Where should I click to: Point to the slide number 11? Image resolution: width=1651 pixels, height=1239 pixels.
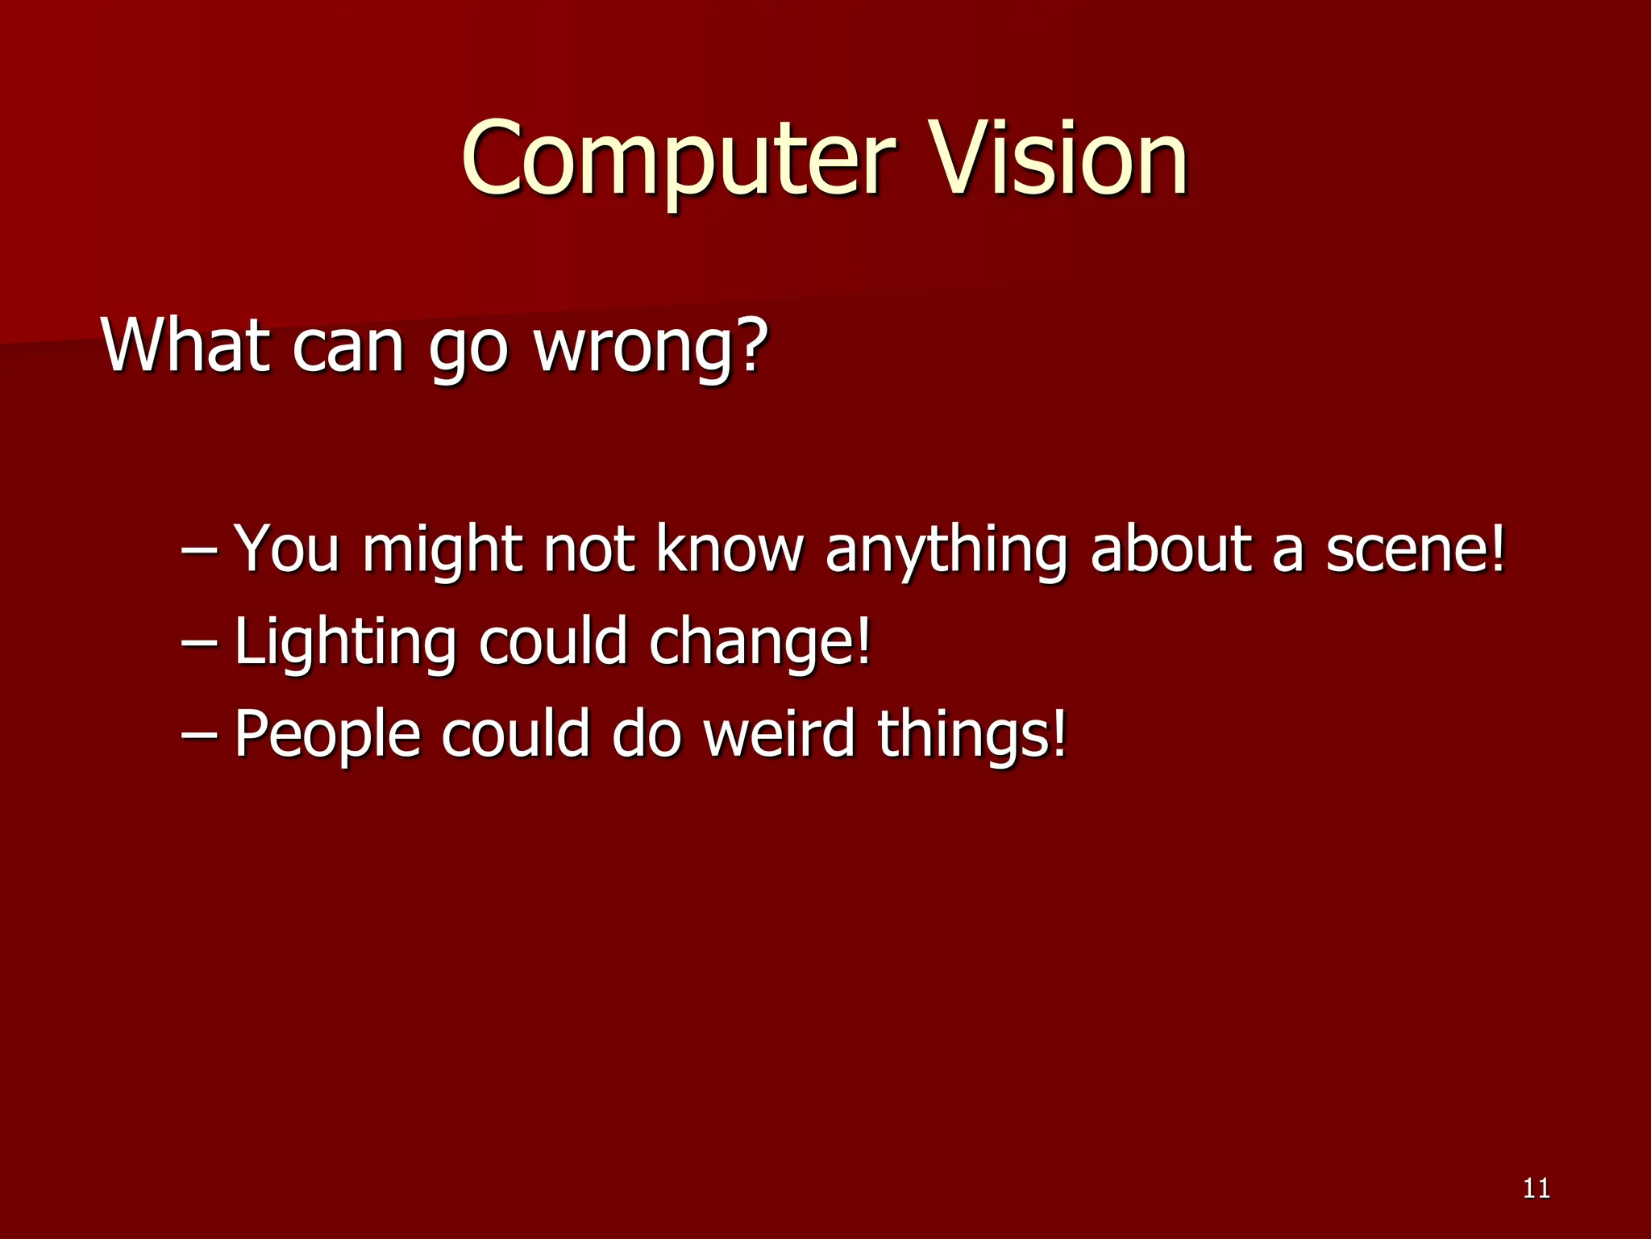point(1537,1188)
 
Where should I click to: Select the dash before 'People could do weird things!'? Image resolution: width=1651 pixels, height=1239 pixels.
point(199,735)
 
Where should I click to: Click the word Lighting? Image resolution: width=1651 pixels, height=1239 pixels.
point(345,643)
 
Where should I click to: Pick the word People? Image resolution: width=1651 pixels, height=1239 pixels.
point(327,735)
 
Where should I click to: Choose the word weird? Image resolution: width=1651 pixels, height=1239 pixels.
point(779,733)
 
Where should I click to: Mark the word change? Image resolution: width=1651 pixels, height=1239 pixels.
point(759,643)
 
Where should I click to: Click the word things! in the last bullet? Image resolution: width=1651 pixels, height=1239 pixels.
point(971,735)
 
